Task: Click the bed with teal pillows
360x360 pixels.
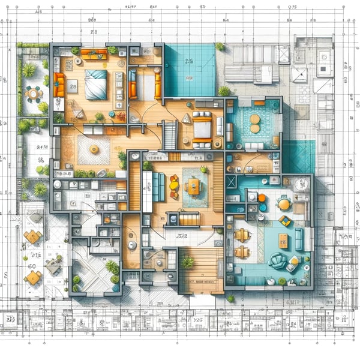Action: [95, 84]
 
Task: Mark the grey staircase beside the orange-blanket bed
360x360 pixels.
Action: [170, 135]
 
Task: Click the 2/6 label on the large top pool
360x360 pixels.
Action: [190, 61]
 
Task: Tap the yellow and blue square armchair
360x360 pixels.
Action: [286, 221]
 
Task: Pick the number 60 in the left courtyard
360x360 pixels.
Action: [31, 266]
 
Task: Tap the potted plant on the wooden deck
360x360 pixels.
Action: [188, 262]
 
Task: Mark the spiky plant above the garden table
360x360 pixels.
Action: [29, 71]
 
